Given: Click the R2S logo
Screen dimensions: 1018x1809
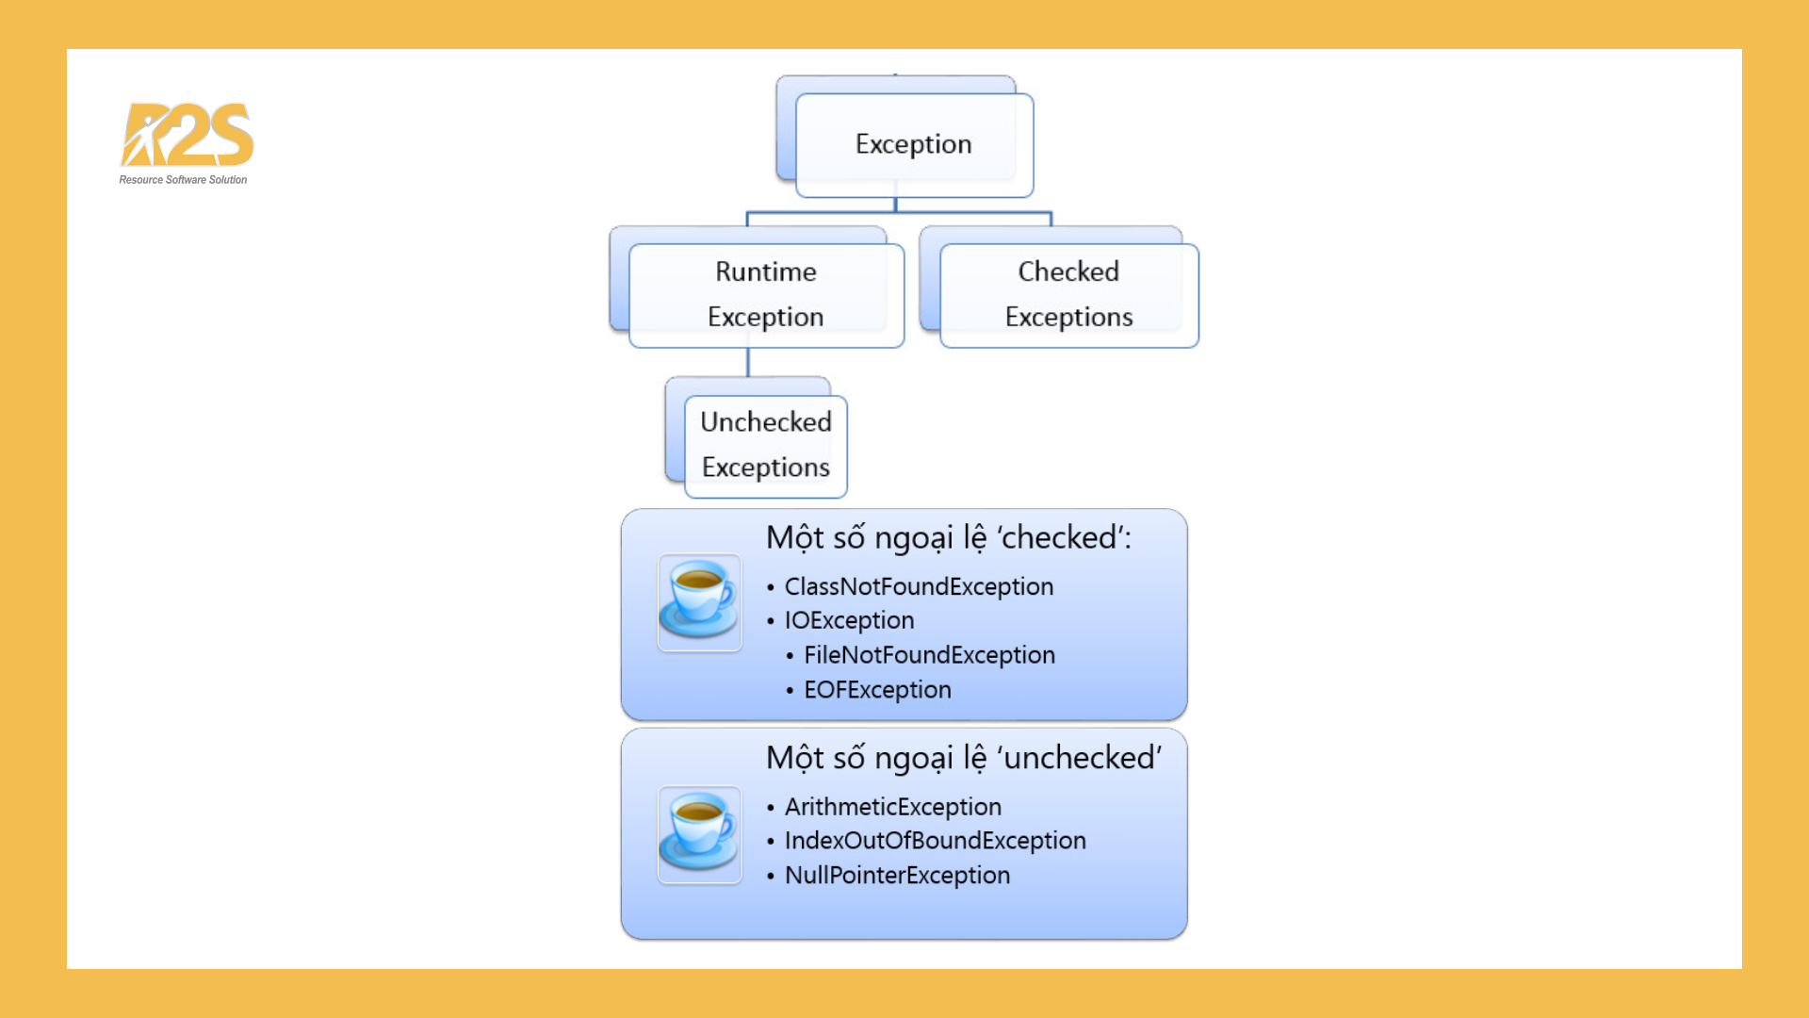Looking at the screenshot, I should [x=187, y=134].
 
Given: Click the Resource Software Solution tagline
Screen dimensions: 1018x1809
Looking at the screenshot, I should [x=183, y=180].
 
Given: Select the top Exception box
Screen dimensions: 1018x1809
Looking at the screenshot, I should [x=913, y=144].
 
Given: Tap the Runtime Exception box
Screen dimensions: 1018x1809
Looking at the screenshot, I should [x=765, y=294].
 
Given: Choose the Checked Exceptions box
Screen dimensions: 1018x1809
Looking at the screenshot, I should [x=1068, y=294].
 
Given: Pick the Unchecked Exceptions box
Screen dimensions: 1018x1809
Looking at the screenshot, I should [x=765, y=445].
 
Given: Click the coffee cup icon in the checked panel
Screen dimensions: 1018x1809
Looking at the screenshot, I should [x=699, y=601].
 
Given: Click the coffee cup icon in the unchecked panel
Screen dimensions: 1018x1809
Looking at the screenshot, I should [x=699, y=834].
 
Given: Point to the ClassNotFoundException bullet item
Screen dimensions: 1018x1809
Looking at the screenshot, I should [x=919, y=586].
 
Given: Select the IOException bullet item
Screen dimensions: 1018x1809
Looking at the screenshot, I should [x=849, y=620].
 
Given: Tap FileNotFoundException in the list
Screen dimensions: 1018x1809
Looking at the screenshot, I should [x=929, y=655].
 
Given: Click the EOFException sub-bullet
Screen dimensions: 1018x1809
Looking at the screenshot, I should [x=877, y=690].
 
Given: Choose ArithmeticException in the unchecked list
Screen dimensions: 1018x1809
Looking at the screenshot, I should [x=892, y=807].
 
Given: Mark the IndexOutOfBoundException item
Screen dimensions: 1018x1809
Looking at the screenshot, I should [x=935, y=841].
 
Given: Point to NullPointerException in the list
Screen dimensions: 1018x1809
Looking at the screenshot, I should [x=897, y=876].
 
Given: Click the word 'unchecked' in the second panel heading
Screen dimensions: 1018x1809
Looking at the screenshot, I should [x=1082, y=758].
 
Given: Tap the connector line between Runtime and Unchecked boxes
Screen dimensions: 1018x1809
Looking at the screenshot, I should [x=748, y=363].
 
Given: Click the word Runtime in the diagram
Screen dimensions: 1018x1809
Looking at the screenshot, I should [x=765, y=271].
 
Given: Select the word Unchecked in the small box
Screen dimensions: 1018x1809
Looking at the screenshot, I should [x=765, y=421].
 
